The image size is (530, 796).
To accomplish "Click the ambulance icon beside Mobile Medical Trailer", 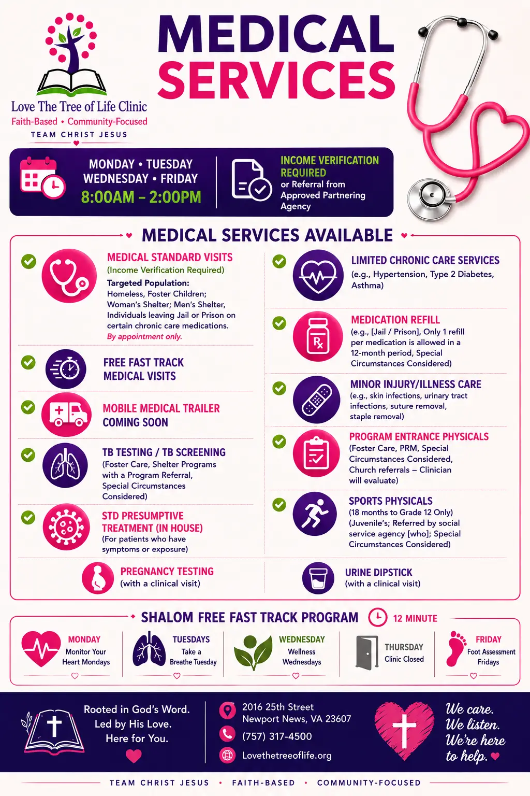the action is pos(66,415).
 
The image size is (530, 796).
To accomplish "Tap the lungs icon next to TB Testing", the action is pos(65,465).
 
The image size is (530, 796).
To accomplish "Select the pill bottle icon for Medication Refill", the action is pos(318,336).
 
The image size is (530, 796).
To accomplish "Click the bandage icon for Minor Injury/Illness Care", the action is pos(316,400).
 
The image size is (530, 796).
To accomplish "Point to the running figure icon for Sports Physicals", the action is pos(315,514).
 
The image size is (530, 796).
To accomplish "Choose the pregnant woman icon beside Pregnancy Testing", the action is pos(98,578).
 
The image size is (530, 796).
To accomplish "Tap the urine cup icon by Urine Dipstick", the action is pos(318,578).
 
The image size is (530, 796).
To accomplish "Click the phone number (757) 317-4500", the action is pos(277,736).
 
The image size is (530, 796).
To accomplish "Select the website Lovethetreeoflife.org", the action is pos(287,756).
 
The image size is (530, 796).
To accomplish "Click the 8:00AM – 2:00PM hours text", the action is pos(141,197).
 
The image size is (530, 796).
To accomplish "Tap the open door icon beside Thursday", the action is pos(367,653).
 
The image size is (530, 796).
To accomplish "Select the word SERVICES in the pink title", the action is pos(277,80).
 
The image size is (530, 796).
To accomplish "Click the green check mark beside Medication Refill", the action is pos(279,323).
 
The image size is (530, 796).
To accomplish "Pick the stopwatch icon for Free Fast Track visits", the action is pos(66,369).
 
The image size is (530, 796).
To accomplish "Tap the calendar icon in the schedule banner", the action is pos(42,178).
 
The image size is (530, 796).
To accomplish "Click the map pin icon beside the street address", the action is pos(227,710).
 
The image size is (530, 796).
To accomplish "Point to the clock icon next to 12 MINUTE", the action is pos(377,618).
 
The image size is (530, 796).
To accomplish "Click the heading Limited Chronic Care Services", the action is pos(425,260).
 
